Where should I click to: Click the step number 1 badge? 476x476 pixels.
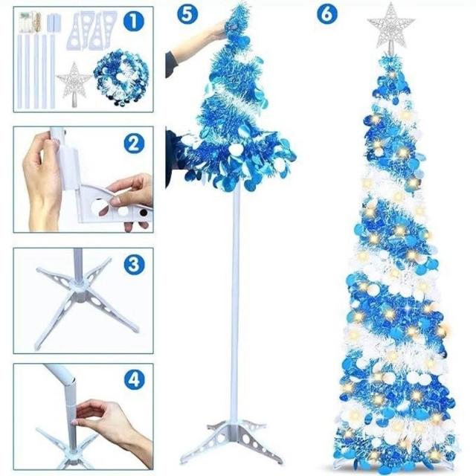[x=134, y=21]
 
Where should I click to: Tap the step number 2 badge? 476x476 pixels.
[x=134, y=144]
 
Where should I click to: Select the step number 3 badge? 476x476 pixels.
[x=134, y=265]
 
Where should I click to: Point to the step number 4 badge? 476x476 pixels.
[x=134, y=379]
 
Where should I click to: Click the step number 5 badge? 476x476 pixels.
[x=187, y=14]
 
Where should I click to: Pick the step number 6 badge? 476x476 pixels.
[x=327, y=14]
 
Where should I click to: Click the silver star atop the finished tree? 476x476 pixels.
[x=391, y=26]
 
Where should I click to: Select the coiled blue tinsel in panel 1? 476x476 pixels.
[x=120, y=77]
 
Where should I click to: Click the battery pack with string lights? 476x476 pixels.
[x=30, y=22]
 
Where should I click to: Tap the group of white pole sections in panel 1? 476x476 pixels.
[x=36, y=71]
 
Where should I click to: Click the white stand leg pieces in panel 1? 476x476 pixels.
[x=91, y=30]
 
